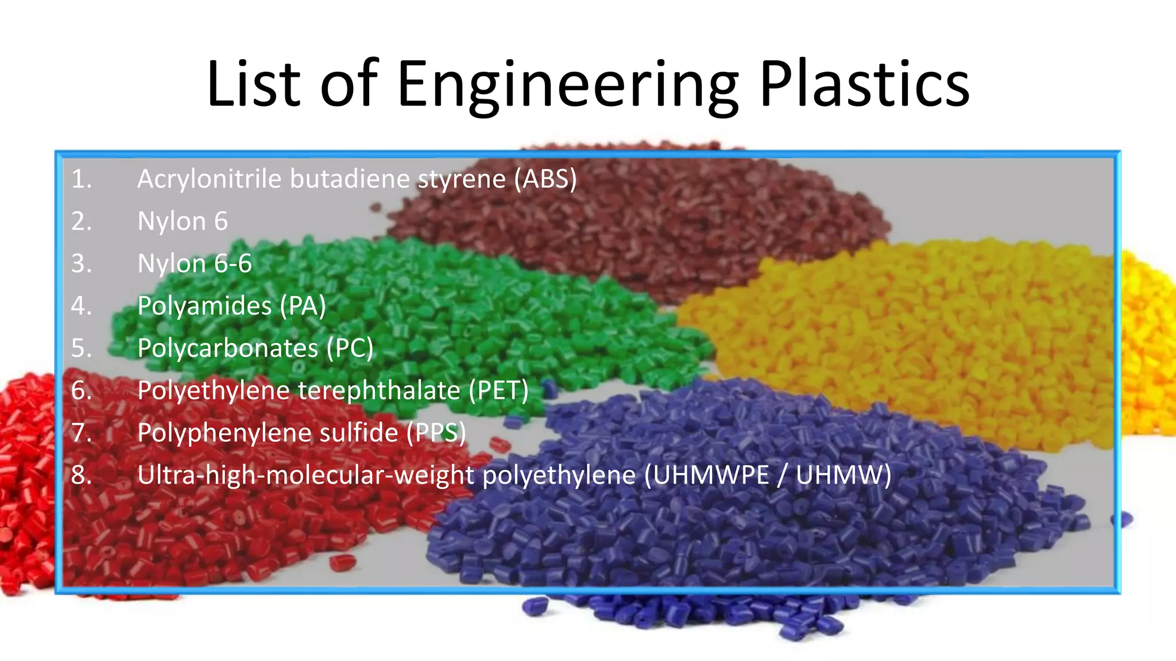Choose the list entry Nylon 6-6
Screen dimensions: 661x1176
coord(195,264)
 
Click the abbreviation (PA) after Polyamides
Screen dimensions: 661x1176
coord(303,306)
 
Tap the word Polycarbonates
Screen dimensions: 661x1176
coord(227,348)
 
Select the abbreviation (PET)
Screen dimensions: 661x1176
coord(498,391)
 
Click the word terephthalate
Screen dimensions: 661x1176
coord(379,391)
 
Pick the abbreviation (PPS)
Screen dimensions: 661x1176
coord(436,433)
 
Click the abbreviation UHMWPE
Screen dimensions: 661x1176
coord(711,475)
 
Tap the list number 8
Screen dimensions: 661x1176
coord(82,475)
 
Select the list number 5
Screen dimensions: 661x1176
coord(82,348)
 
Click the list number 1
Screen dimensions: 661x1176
coord(82,179)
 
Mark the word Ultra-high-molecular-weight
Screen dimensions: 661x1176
coord(306,475)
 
